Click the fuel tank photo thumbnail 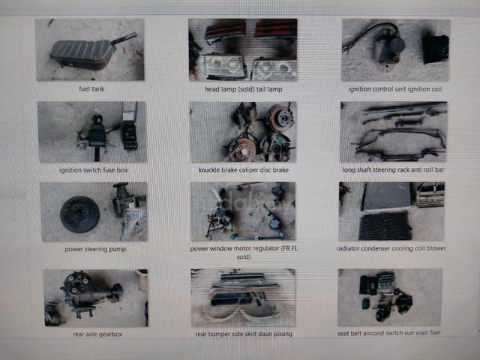pos(90,49)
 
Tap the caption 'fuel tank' pos(91,89)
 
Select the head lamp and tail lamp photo pos(243,50)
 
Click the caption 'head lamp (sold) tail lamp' pos(243,89)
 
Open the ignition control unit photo pos(396,50)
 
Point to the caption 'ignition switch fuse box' pos(93,170)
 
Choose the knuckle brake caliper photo pos(243,132)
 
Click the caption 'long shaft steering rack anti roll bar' pos(393,170)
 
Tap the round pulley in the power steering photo pos(80,214)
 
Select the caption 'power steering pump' pos(95,249)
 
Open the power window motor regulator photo pos(243,211)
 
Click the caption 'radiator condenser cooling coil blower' pos(391,248)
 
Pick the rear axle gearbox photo pos(96,298)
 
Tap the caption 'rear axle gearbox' pos(97,334)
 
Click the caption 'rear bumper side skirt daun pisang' pos(244,334)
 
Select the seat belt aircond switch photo pos(390,298)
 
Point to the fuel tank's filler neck pos(124,39)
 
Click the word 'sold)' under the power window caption pos(244,257)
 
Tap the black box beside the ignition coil pos(435,49)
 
